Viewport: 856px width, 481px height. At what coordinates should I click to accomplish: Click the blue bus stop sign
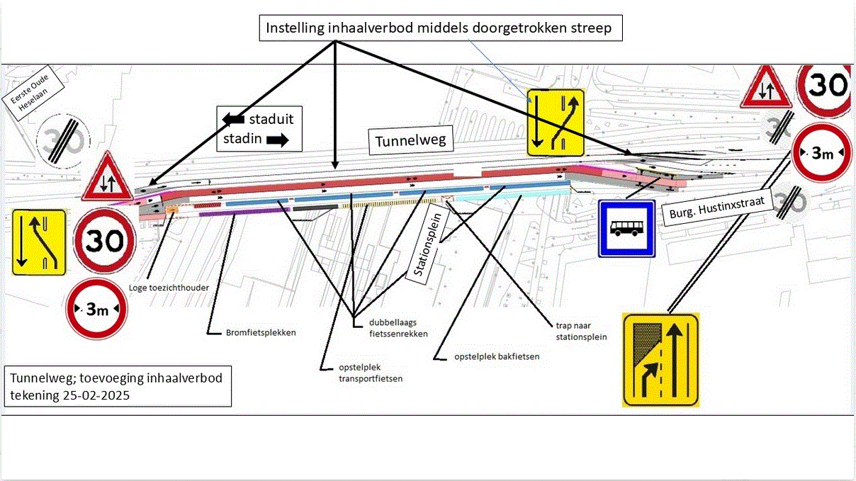tap(627, 228)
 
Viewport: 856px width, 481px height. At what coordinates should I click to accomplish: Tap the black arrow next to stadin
tap(278, 140)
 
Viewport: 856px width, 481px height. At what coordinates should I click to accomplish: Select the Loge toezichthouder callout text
tap(164, 288)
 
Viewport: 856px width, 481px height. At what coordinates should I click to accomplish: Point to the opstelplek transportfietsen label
tap(361, 373)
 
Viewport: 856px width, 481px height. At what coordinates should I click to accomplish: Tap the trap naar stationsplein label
tap(582, 332)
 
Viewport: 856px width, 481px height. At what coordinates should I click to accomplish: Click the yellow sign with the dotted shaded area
tap(660, 360)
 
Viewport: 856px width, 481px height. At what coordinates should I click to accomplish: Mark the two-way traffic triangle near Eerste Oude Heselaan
tap(107, 178)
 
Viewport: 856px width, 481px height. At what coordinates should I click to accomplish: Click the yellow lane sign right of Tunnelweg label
tap(555, 123)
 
